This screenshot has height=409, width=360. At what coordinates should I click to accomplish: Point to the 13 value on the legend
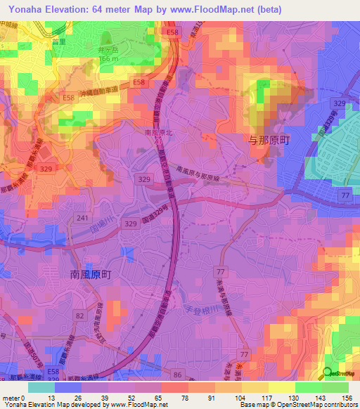point(54,397)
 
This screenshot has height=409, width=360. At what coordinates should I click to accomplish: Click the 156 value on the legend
point(347,397)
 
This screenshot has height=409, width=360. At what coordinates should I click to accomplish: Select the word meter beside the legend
point(13,397)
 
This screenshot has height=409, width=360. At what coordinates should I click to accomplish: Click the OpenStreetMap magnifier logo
point(328,374)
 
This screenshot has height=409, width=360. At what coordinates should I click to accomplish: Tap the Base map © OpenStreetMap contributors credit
point(297,405)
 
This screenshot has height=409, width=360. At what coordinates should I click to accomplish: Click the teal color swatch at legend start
point(41,387)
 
